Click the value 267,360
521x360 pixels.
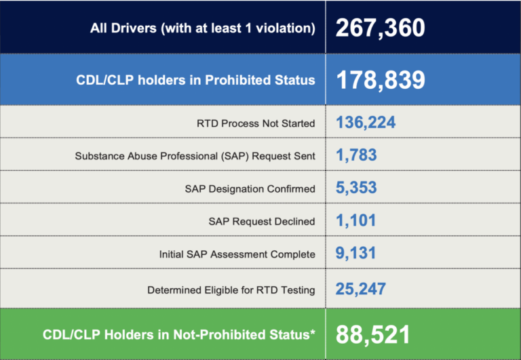380,28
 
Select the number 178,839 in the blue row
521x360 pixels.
380,80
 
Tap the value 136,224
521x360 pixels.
366,123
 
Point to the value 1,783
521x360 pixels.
356,155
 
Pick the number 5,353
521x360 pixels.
357,188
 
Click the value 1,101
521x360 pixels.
355,220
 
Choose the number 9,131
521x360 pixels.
356,254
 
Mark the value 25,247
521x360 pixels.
361,289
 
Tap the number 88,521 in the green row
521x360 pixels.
372,334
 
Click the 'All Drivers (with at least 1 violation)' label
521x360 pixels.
203,28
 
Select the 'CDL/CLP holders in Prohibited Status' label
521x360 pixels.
195,80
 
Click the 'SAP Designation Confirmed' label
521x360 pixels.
250,188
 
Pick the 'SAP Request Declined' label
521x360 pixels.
262,221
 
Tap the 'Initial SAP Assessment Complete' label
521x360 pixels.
237,254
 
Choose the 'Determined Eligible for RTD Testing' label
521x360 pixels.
231,290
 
